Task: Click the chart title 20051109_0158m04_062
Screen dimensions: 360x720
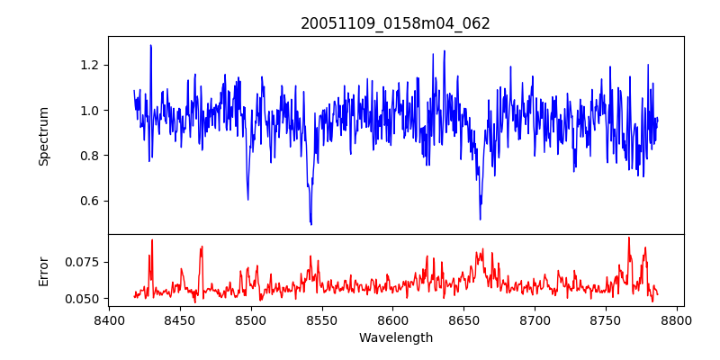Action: (x=395, y=23)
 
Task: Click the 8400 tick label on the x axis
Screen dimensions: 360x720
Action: (x=109, y=320)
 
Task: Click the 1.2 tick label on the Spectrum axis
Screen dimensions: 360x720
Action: (x=89, y=65)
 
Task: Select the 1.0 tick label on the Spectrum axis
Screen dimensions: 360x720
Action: (x=89, y=110)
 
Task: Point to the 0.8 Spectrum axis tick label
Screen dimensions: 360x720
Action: (x=89, y=155)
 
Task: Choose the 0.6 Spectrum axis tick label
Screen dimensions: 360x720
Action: (x=89, y=201)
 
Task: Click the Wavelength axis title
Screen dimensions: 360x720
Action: (x=395, y=337)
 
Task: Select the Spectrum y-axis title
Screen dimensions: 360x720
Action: (x=44, y=136)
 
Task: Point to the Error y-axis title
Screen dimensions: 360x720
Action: (x=44, y=270)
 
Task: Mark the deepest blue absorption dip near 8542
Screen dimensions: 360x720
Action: (x=311, y=223)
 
